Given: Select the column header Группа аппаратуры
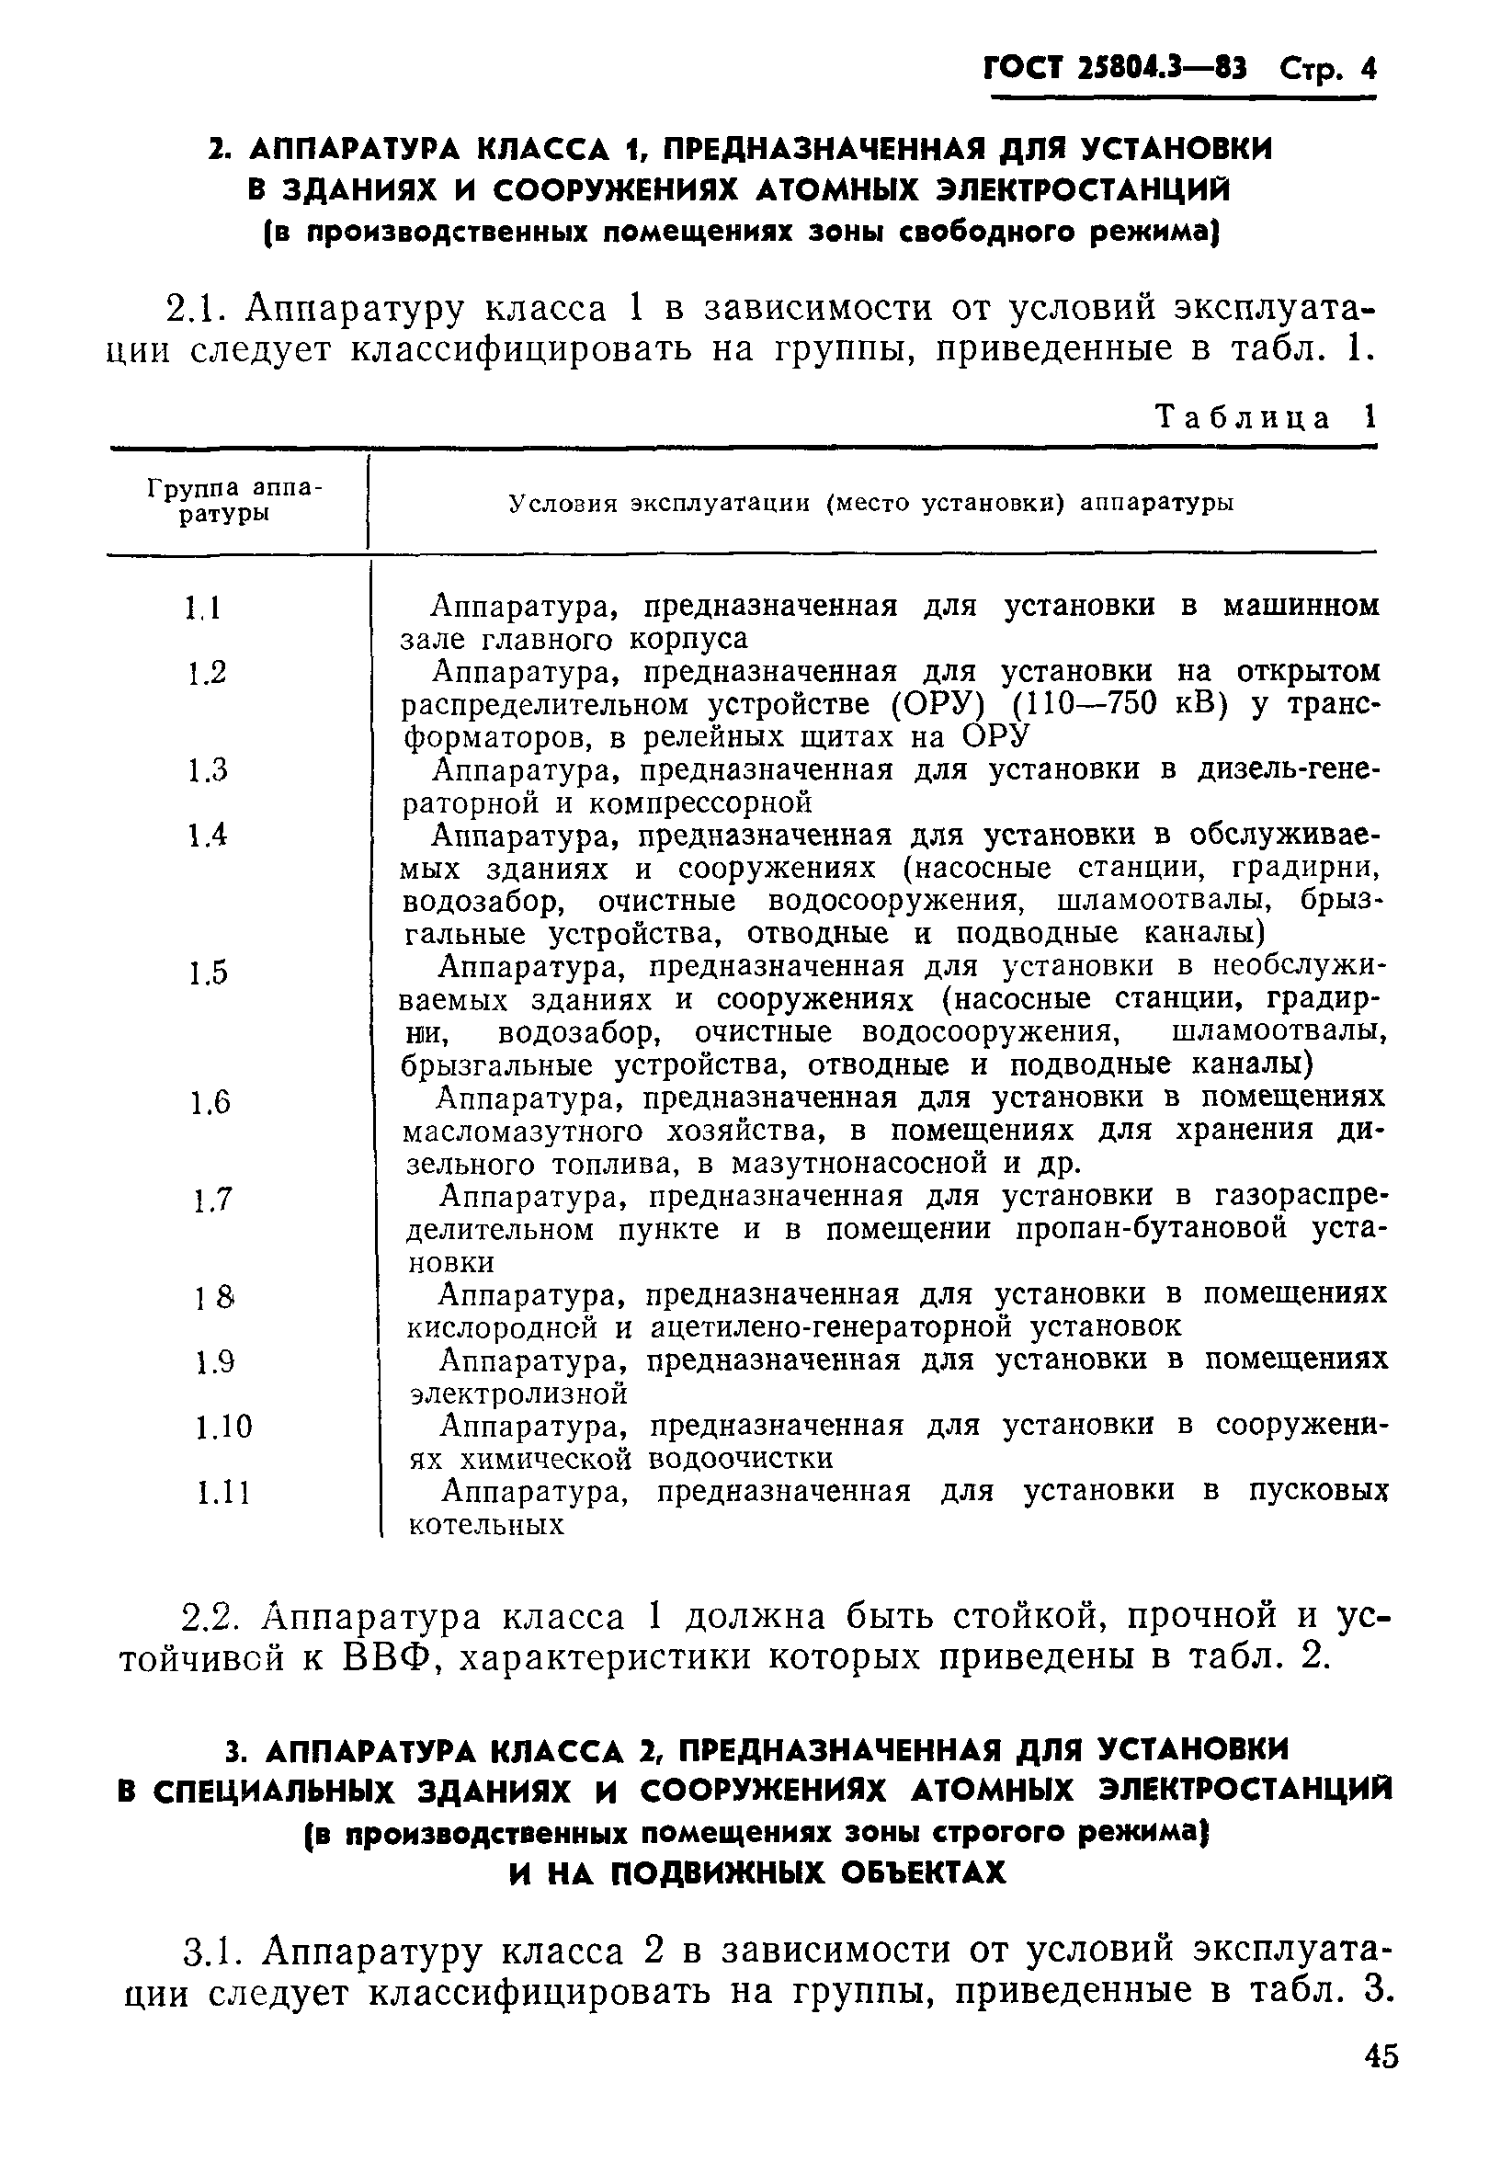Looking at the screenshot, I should pos(234,501).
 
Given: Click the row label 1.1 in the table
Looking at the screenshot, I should pos(203,609).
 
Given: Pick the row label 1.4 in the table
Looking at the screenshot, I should pos(206,836).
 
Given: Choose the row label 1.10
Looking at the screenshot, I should pos(224,1427).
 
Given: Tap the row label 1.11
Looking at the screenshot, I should pos(224,1493).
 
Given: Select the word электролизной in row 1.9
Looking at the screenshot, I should pos(518,1394).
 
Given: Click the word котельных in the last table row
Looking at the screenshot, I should pos(487,1525).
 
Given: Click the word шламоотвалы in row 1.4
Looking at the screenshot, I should pos(1158,902).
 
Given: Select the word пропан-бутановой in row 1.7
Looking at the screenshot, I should pos(1152,1230).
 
